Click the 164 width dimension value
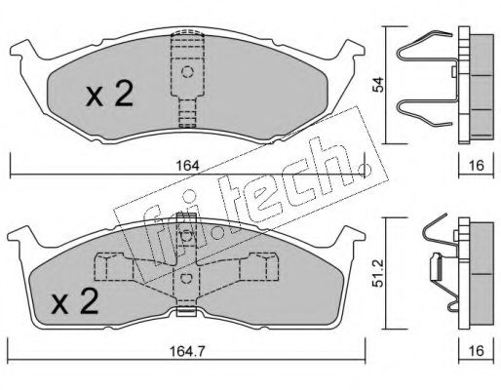click(x=187, y=166)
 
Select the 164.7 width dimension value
click(x=188, y=350)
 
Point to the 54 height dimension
click(x=378, y=85)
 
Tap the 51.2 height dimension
click(x=378, y=273)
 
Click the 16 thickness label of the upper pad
click(x=477, y=166)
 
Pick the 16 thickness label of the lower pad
click(x=477, y=350)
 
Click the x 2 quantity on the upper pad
click(x=110, y=94)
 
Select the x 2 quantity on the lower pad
click(x=75, y=301)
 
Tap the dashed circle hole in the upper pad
click(x=187, y=71)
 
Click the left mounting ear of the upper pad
click(x=25, y=50)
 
